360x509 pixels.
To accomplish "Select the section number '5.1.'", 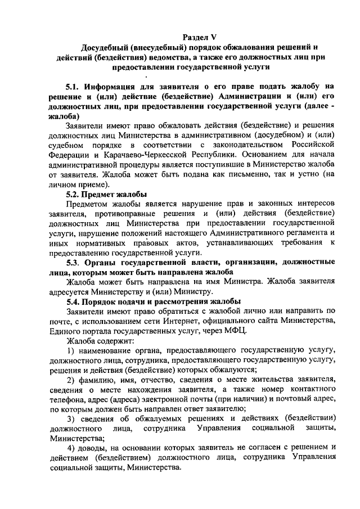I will tap(74, 87).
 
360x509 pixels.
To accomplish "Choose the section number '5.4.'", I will tap(74, 301).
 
